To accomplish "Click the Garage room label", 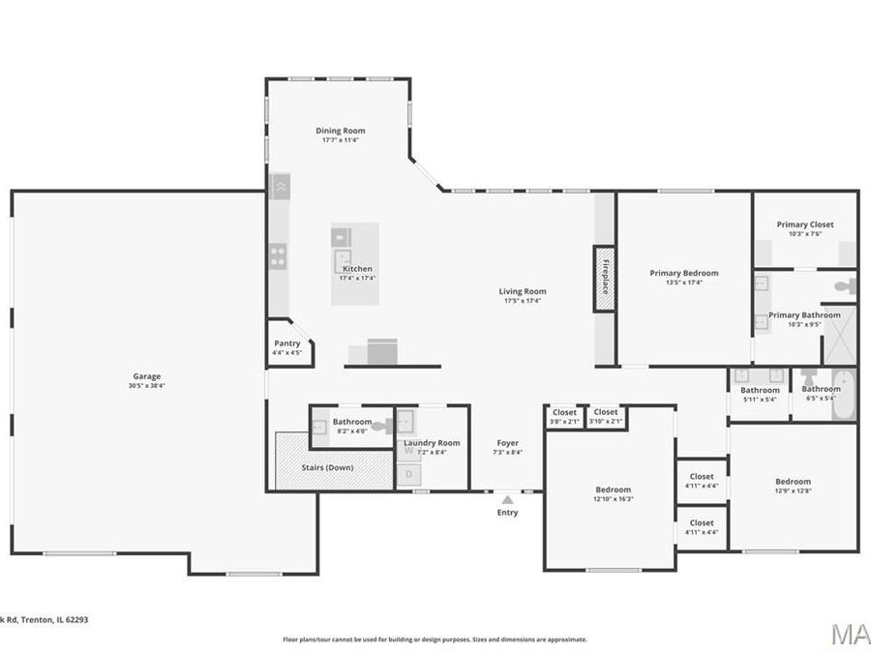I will click(x=147, y=376).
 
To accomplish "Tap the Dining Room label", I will click(x=341, y=131).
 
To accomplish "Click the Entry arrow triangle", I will click(x=507, y=499).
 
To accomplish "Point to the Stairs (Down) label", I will click(x=326, y=467).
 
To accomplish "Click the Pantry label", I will click(x=287, y=343).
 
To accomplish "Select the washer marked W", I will click(x=408, y=450).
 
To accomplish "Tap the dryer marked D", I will click(x=408, y=474).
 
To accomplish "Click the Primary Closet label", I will click(x=804, y=224).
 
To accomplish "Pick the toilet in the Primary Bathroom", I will click(x=846, y=286).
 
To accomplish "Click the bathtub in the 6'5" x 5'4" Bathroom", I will click(x=844, y=395).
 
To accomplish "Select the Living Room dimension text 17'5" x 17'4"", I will click(x=523, y=301).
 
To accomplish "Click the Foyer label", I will click(x=508, y=443).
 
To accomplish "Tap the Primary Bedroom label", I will click(x=684, y=273).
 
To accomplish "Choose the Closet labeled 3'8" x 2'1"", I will click(x=564, y=413).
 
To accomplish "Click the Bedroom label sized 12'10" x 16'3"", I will click(x=613, y=490).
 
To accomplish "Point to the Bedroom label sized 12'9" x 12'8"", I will click(x=793, y=482).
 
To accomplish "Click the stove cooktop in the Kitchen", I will click(x=278, y=256).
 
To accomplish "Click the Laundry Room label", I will click(x=432, y=443).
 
